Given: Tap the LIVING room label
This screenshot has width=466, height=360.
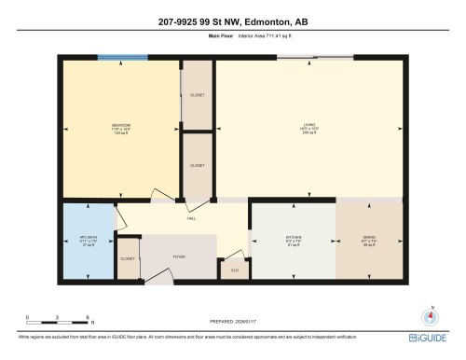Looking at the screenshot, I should [308, 125].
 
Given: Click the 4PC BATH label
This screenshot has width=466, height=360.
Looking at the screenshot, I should [88, 242].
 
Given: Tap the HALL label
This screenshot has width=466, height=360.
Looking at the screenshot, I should [191, 217].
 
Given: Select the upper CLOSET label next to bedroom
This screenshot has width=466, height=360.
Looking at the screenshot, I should [197, 95].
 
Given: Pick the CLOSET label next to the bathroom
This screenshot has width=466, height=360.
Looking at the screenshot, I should [128, 258].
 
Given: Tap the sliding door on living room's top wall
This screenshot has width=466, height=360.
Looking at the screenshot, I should [308, 60].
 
